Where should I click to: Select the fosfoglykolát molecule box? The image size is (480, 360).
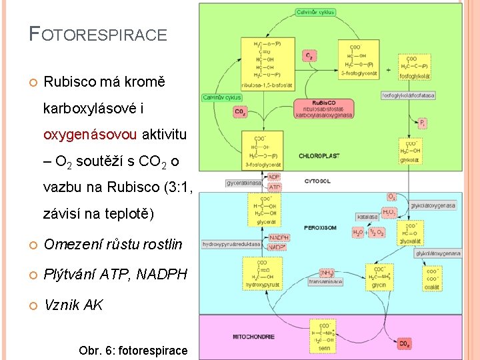click(415, 67)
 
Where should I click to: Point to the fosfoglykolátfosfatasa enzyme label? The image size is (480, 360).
click(408, 95)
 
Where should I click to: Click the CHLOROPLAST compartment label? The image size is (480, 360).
click(319, 156)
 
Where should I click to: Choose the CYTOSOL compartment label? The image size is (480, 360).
click(317, 181)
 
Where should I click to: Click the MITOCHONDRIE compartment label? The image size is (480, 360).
click(253, 336)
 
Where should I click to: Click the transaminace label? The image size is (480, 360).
click(325, 282)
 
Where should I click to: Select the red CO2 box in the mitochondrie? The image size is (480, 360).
click(404, 344)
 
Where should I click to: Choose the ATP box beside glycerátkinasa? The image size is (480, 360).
click(275, 187)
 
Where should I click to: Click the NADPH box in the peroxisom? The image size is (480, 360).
click(279, 237)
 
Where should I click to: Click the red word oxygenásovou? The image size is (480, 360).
click(90, 135)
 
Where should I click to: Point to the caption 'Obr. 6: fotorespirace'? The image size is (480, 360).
click(133, 350)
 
